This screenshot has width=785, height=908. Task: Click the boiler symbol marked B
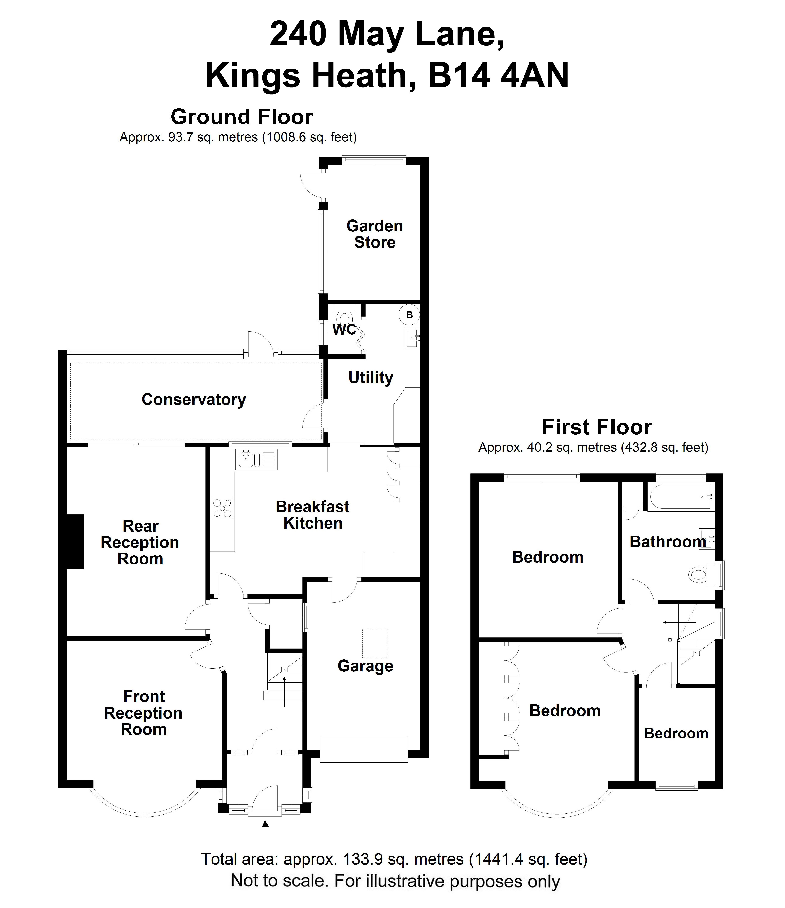tap(409, 315)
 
